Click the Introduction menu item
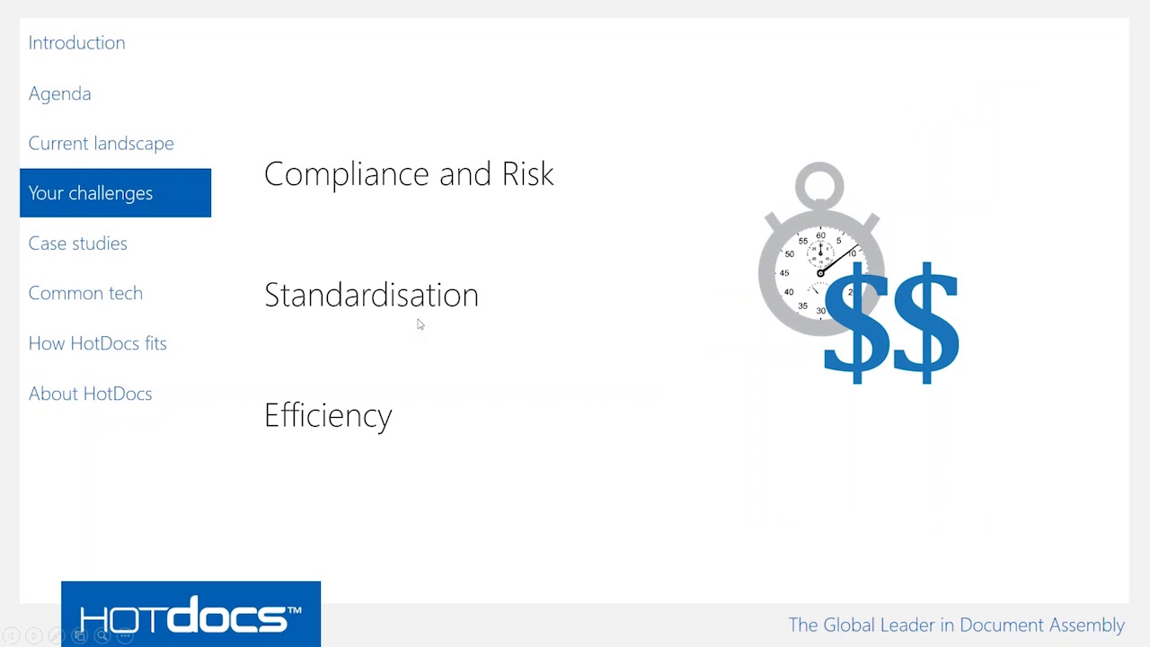pos(76,43)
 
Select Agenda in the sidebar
pos(59,93)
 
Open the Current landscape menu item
pos(101,144)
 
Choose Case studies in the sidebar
pos(77,244)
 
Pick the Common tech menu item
pos(85,293)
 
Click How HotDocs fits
pos(97,343)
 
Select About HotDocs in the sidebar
pos(90,394)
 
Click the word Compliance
pos(348,174)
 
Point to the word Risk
pos(527,174)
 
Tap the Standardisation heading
pos(371,295)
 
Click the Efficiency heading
pos(328,415)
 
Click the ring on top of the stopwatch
pos(819,186)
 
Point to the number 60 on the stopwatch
pos(820,235)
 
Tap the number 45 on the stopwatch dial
pos(784,273)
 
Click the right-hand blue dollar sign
pos(926,323)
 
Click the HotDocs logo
pos(190,616)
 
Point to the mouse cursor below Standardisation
pos(420,324)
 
